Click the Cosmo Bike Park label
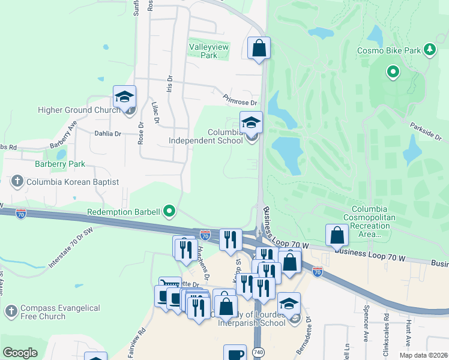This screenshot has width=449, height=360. [x=389, y=51]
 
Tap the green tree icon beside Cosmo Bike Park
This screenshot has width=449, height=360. [x=429, y=50]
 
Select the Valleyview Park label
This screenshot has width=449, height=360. [x=203, y=51]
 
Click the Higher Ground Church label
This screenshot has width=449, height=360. [x=79, y=110]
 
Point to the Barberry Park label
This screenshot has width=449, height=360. [x=59, y=164]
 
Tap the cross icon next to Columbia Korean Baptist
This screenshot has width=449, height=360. [x=17, y=181]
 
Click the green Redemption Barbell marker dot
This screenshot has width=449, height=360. [x=170, y=211]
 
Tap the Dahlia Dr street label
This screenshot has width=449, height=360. [x=108, y=134]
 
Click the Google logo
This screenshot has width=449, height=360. [x=20, y=353]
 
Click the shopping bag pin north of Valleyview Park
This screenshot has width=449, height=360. [x=259, y=48]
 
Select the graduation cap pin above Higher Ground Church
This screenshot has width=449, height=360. [x=125, y=97]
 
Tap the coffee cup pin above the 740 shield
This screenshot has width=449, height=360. [x=235, y=353]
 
